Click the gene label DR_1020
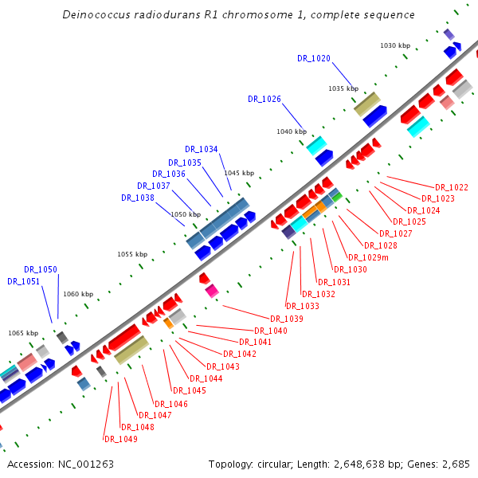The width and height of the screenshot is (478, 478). (x=313, y=58)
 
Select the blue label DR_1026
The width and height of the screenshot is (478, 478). (x=264, y=100)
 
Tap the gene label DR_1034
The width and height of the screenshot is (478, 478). (x=201, y=149)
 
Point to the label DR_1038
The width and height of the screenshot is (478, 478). (x=137, y=198)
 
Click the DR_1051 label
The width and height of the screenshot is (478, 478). (x=23, y=281)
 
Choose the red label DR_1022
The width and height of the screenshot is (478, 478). (x=452, y=187)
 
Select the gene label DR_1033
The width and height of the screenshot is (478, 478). (x=302, y=306)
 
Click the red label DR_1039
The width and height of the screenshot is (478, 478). (x=286, y=319)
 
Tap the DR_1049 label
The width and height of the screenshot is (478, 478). (x=120, y=439)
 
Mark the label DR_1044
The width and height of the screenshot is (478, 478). (x=206, y=378)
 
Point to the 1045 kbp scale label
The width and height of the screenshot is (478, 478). (x=238, y=173)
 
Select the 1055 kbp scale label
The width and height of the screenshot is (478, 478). (x=132, y=254)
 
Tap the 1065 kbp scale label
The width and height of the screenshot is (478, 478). (x=23, y=333)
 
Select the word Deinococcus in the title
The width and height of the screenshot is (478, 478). (x=96, y=15)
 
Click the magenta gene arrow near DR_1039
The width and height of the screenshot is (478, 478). (x=211, y=292)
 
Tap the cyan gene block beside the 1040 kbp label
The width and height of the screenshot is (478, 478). (x=316, y=145)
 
